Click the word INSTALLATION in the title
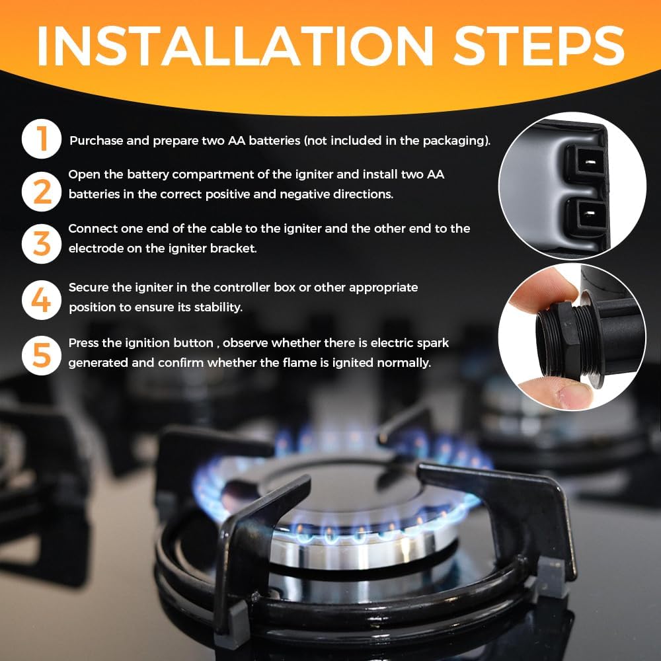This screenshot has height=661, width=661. [235, 46]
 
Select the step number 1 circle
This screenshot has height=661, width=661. [41, 139]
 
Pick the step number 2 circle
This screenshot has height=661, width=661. [41, 192]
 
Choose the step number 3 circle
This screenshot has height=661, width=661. [41, 244]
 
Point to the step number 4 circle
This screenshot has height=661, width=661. [41, 300]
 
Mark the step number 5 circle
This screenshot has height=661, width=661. [41, 356]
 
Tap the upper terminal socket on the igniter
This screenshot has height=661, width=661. [586, 163]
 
